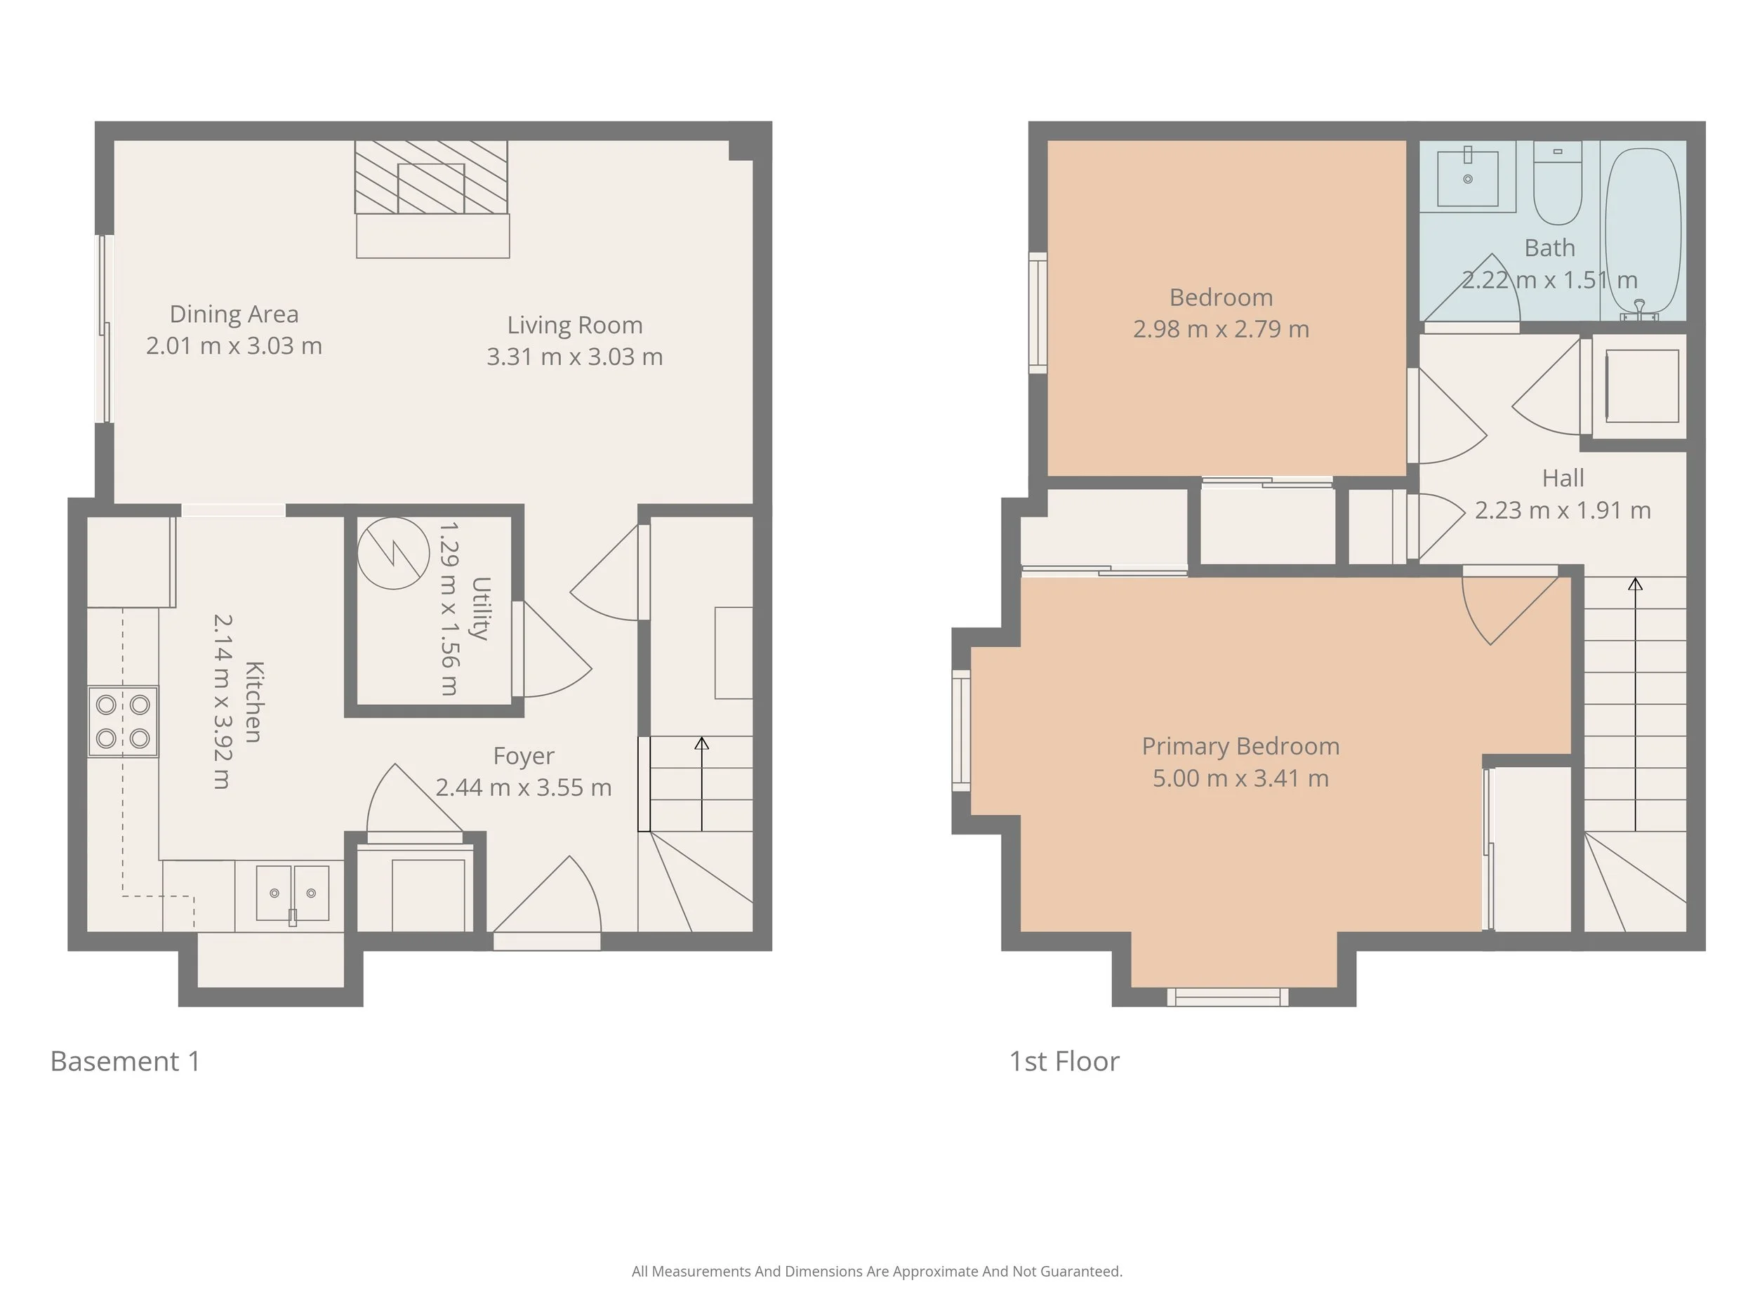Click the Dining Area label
point(234,314)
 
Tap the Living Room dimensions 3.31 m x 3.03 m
point(574,357)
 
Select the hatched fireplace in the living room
point(431,178)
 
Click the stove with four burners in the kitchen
point(123,721)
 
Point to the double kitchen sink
point(292,893)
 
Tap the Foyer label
point(523,756)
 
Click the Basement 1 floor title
point(126,1061)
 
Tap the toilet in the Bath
point(1558,184)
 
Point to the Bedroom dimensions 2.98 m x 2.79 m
point(1220,329)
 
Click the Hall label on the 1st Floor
point(1562,479)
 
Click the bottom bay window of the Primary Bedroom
point(1227,997)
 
